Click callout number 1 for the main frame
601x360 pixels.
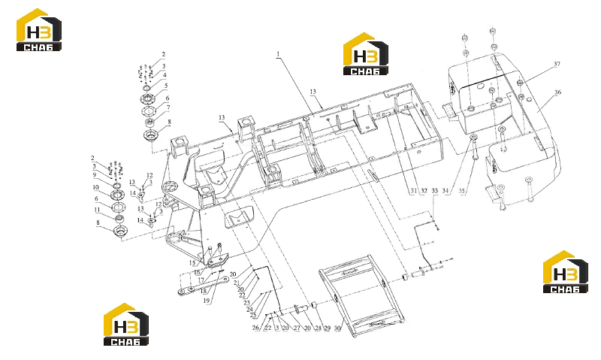[x=278, y=54]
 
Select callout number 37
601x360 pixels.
[x=557, y=64]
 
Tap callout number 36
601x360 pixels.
[x=557, y=92]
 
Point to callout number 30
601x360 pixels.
[x=337, y=328]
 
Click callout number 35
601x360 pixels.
[x=462, y=191]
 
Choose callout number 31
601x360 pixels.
[x=414, y=191]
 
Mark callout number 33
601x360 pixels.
[x=435, y=191]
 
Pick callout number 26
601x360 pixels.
[x=255, y=328]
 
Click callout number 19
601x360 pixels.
[x=206, y=301]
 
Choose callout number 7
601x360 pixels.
[x=168, y=107]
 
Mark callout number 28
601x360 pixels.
[x=318, y=328]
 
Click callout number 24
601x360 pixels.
[x=249, y=310]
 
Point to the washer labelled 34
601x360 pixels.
[x=473, y=138]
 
